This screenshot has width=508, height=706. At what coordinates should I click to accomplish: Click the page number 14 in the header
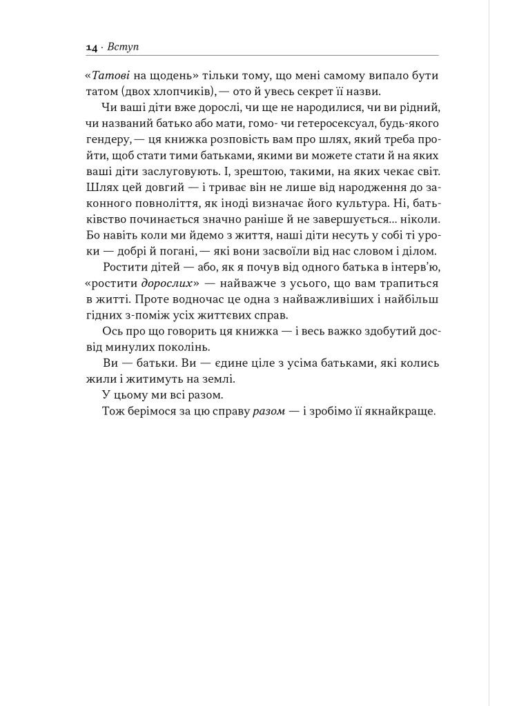91,48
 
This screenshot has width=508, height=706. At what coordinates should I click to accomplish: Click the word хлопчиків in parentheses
197,92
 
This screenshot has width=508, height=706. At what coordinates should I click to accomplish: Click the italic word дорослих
170,283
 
